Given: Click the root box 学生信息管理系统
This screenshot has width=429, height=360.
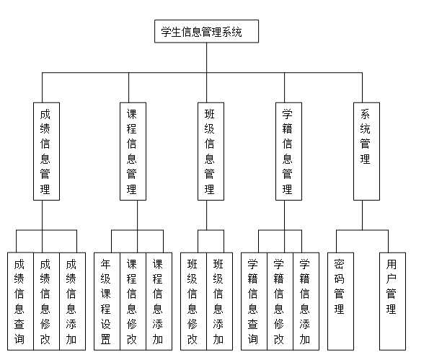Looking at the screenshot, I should coord(206,32).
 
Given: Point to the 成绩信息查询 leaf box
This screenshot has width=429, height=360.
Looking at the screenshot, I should coord(20,300).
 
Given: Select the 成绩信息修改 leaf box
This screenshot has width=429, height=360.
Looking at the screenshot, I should coord(45,300).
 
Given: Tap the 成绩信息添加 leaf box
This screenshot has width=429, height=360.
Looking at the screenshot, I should coord(71,300).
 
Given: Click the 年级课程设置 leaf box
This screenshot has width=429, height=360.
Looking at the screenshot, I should coord(107,300).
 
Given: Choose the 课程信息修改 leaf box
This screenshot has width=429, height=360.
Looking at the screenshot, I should coord(132,300).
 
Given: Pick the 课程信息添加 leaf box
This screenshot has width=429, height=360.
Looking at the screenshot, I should coord(157,300).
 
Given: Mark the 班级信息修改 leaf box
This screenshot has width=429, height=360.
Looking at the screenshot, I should coord(193,300).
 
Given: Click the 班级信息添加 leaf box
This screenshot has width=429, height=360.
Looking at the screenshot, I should coord(218,300).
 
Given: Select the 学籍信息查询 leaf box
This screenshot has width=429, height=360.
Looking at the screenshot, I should coord(253,300).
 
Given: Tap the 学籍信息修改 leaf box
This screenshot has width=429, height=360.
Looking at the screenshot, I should coord(279,300).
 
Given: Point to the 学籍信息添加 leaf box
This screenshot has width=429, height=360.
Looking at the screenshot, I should coord(305,300).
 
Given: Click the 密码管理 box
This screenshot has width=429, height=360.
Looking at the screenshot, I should coord(340,300).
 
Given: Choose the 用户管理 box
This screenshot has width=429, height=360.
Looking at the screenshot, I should coord(392,300).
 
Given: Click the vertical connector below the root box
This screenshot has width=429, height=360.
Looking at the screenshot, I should coord(206,58).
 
